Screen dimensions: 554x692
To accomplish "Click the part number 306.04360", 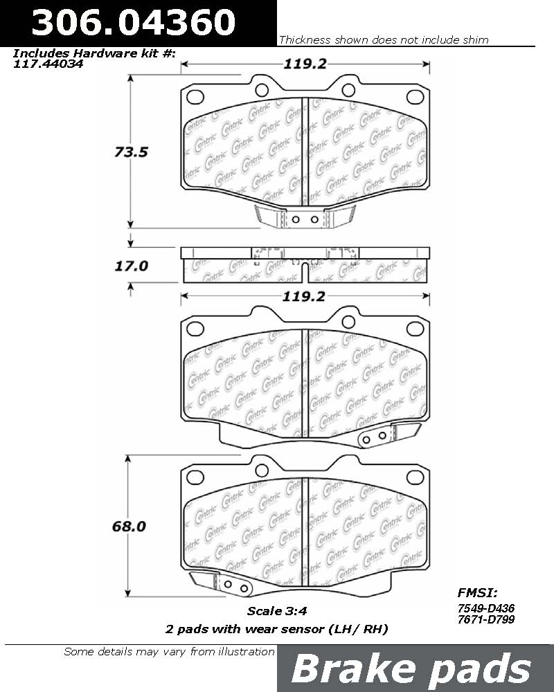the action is pos(134,22).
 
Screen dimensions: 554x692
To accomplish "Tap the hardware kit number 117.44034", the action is pos(48,64).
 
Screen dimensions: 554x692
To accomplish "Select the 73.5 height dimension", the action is pos(131,152).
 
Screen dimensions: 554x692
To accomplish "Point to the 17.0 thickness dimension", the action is pos(131,266).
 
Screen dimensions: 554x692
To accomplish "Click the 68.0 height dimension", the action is pos(129,526).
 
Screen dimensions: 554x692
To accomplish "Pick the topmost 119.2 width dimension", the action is pos(305,64).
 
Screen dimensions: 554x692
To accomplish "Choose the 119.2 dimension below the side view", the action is pos(304,296).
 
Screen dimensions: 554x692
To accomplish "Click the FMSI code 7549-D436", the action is pos(486,608).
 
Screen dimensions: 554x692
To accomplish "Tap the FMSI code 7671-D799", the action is pos(486,619).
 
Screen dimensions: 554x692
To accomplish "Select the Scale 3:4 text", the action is pos(277,611).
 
